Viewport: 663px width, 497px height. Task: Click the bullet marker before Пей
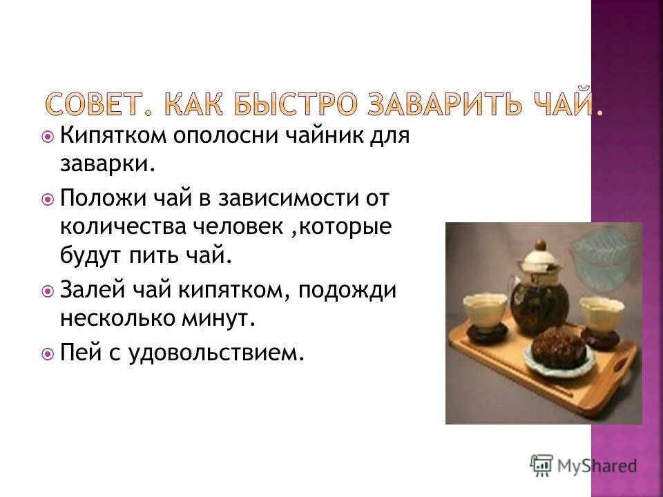pyautogui.click(x=48, y=354)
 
